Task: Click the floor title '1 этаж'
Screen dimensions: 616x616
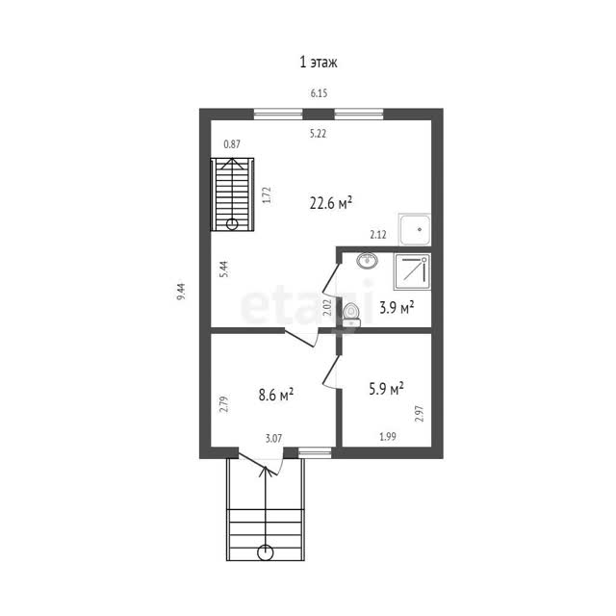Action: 319,62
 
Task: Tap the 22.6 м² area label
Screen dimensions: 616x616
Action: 331,203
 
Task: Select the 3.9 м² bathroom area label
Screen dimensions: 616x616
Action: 397,307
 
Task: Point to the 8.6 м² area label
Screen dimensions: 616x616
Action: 276,395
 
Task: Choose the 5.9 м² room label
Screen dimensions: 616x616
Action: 386,389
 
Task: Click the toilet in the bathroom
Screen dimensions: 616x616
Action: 351,315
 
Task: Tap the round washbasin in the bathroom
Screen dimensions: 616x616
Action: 368,260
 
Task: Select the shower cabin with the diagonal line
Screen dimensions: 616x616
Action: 412,271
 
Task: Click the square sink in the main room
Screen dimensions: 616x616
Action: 415,229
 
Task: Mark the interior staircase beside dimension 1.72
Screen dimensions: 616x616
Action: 232,194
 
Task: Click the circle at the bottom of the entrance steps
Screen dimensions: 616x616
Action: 266,552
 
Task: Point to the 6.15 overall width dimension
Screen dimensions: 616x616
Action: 319,93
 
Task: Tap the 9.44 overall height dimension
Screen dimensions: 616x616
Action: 181,292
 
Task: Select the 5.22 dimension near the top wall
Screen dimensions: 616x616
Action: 318,134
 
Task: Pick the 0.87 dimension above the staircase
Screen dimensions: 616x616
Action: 232,144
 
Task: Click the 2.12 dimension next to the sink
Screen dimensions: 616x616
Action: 378,235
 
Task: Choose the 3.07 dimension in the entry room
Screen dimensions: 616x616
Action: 273,439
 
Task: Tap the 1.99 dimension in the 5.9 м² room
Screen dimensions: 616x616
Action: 388,437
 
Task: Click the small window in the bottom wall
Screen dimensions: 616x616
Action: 315,452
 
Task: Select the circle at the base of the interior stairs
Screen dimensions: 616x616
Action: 232,224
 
